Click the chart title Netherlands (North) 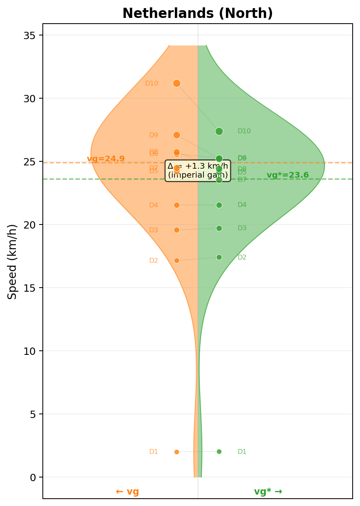coord(198,14)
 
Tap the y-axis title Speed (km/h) coord(13,262)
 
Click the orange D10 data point coord(177,83)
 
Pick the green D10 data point coord(219,131)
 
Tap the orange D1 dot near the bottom coord(177,452)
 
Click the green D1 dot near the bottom coord(219,451)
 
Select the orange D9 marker coord(177,135)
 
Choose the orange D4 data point coord(177,205)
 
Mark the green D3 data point coord(219,228)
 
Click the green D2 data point coord(219,257)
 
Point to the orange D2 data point coord(177,260)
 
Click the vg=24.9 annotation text coord(106,159)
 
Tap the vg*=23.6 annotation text coord(287,175)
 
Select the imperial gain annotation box coord(198,171)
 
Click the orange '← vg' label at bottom coord(127,492)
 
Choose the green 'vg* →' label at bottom coord(268,492)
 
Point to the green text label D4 coord(242,205)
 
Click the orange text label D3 coord(153,230)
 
